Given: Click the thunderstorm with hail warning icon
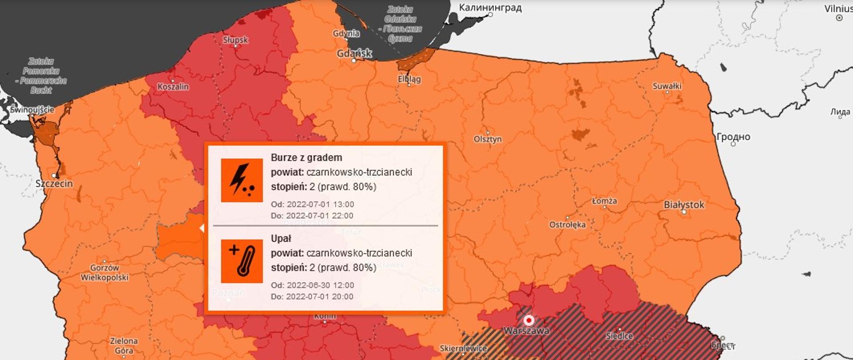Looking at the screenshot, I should pos(242,180).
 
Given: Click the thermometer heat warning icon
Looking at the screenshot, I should pos(242,261).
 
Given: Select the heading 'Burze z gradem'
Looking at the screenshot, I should pos(306,157).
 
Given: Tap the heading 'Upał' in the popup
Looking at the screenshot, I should pos(281,238).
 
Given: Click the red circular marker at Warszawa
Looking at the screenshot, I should pos(529,320).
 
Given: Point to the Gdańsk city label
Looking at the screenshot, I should pos(354,53).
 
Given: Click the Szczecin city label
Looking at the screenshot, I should pos(54,183).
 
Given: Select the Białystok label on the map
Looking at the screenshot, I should pos(684,205).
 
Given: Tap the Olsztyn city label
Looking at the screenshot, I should pos(487,139).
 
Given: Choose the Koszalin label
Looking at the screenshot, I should pos(173,87).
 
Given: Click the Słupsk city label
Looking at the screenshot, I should pos(235,40).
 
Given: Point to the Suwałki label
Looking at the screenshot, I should pos(666,86).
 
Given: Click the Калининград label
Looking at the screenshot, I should pos(490,8).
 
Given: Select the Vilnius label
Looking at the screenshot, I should pos(838,8).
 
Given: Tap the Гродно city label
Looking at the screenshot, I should pos(733,137).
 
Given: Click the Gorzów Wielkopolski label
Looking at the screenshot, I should pos(104,272).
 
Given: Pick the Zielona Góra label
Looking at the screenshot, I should pos(124,345).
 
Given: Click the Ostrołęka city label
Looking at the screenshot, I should pos(567,224).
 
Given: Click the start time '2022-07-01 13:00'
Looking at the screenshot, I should pos(320,204).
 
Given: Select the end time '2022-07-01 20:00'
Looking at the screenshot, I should pos(320,296).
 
